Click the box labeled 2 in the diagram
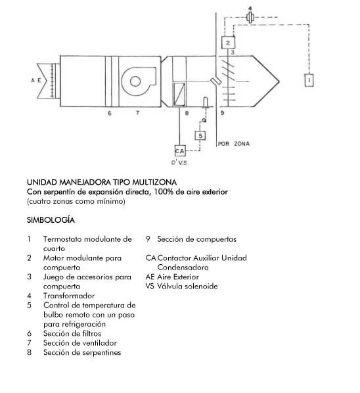coord(228,42)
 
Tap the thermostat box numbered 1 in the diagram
coord(309,80)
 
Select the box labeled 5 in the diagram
coord(200,135)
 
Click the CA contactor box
coord(180,151)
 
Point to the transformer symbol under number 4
coord(250,17)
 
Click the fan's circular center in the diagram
coord(135,81)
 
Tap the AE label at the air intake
coord(36,80)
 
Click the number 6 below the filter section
coord(110,113)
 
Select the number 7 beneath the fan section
coord(137,113)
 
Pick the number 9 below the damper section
coord(222,113)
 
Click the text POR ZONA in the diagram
coord(234,144)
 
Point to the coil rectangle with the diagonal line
coord(179,94)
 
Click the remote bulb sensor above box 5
coord(206,103)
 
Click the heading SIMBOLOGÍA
coord(51,220)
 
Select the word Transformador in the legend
coord(69,296)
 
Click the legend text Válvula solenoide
coord(187,287)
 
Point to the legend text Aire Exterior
coord(178,277)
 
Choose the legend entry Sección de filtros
coord(72,334)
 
